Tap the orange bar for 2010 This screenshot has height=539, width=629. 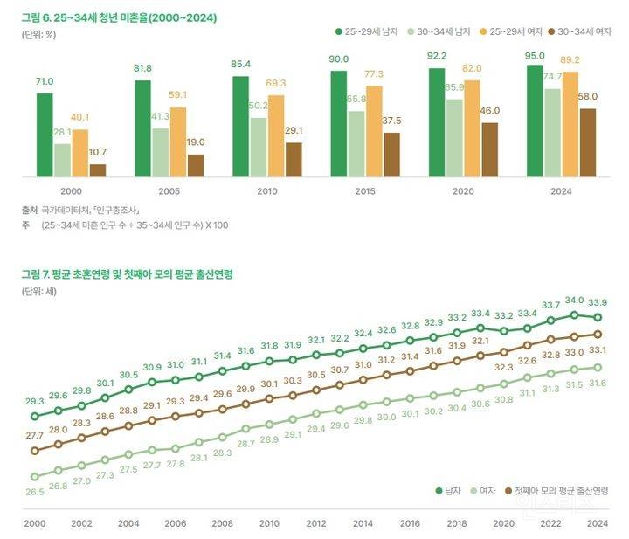point(276,136)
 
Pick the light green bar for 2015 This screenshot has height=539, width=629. point(356,144)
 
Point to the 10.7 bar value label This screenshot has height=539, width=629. point(98,153)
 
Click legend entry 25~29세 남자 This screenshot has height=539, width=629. point(367,31)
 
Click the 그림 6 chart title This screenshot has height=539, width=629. point(120,17)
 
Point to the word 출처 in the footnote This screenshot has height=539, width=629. point(31,211)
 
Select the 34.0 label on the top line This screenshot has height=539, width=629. point(574,300)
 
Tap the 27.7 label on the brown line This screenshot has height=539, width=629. point(34,435)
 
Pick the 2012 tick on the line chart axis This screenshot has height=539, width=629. point(315,522)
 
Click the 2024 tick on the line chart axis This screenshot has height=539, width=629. point(597,522)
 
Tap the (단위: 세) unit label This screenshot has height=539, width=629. point(39,291)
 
